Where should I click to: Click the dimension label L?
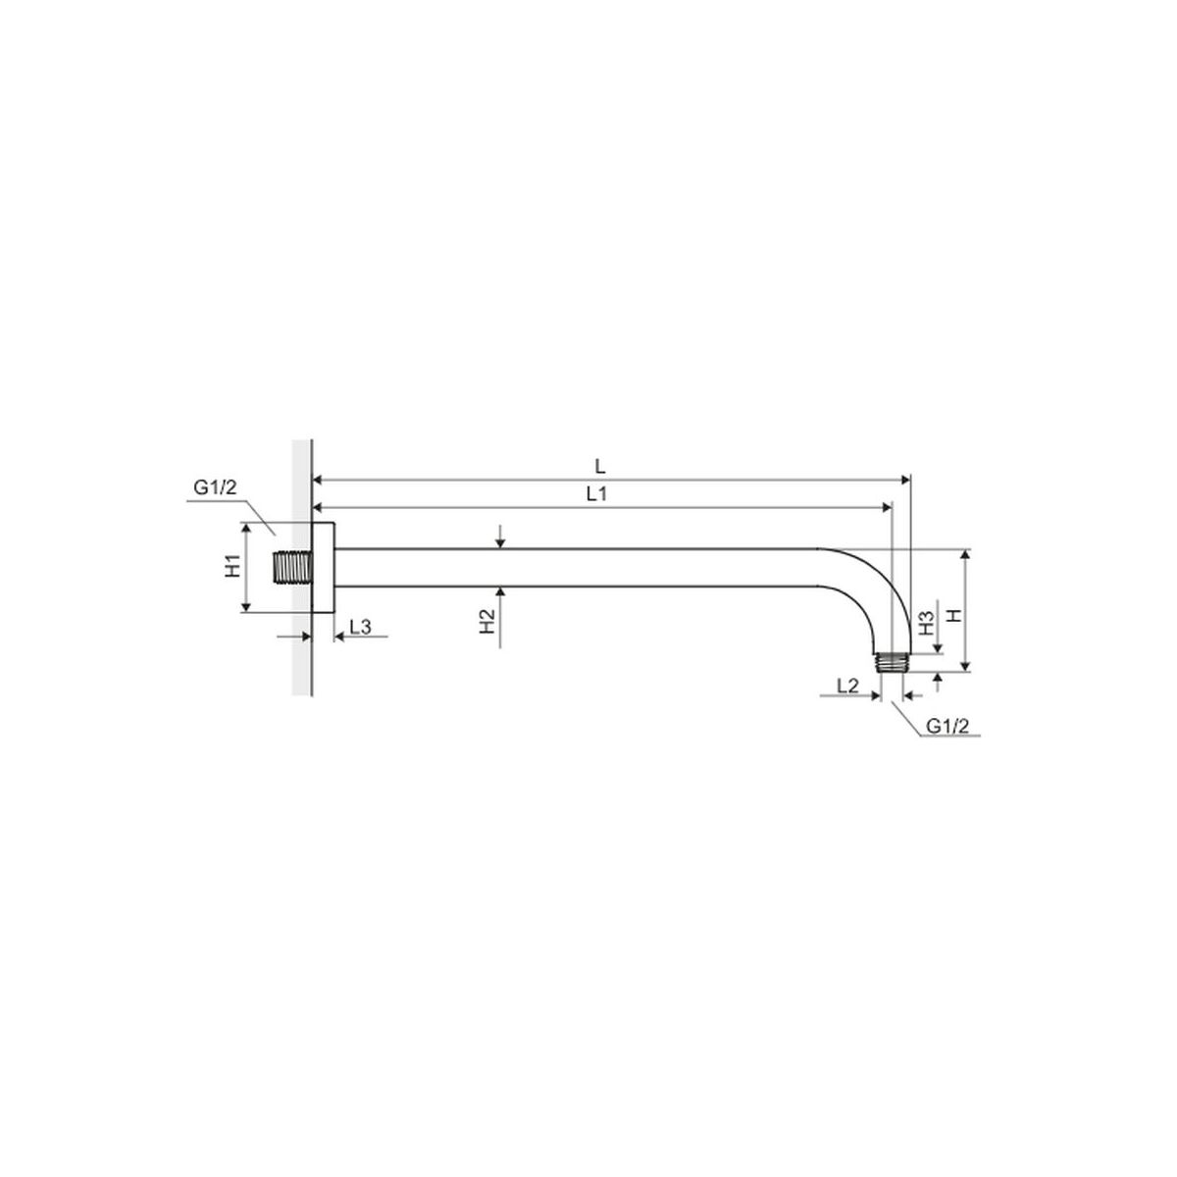pyautogui.click(x=600, y=467)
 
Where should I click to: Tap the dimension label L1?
pyautogui.click(x=596, y=494)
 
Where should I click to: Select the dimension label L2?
pyautogui.click(x=847, y=686)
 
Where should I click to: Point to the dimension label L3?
pyautogui.click(x=360, y=626)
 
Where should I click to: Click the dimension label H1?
pyautogui.click(x=233, y=568)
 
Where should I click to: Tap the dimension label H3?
pyautogui.click(x=927, y=623)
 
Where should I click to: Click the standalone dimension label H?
pyautogui.click(x=953, y=616)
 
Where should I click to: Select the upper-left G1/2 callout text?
pyautogui.click(x=215, y=487)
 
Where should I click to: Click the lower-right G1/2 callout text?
pyautogui.click(x=947, y=726)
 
